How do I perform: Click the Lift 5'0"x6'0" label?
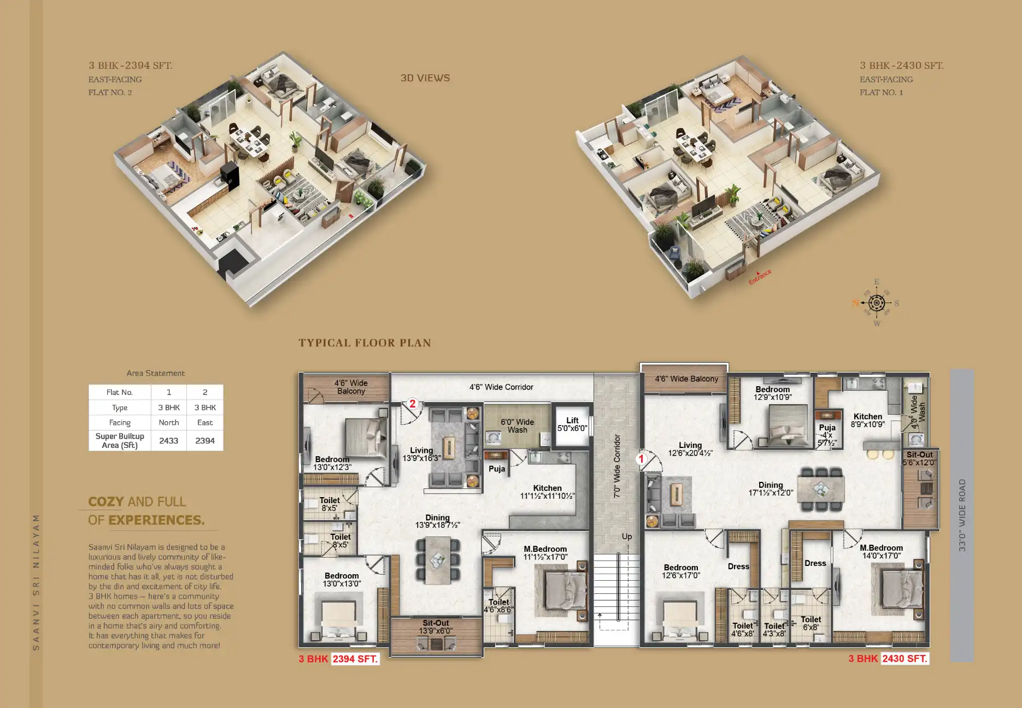point(572,424)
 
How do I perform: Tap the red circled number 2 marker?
point(413,404)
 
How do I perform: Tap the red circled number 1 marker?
point(641,459)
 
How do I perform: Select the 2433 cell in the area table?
point(168,440)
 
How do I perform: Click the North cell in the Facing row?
point(168,422)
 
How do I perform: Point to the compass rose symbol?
point(876,303)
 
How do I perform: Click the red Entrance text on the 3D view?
point(760,276)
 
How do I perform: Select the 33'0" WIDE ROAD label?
point(962,515)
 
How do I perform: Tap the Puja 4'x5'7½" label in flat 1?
point(827,435)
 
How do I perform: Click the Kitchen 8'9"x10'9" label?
point(867,420)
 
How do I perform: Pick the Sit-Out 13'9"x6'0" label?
point(436,627)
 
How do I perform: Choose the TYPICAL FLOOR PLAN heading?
point(365,343)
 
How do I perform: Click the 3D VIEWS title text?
point(425,78)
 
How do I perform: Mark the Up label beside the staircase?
point(626,536)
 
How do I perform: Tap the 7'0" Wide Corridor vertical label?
point(617,466)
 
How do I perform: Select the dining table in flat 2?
point(437,559)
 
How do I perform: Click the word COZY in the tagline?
point(106,501)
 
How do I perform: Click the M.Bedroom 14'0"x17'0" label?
point(881,552)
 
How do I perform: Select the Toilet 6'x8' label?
point(810,623)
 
